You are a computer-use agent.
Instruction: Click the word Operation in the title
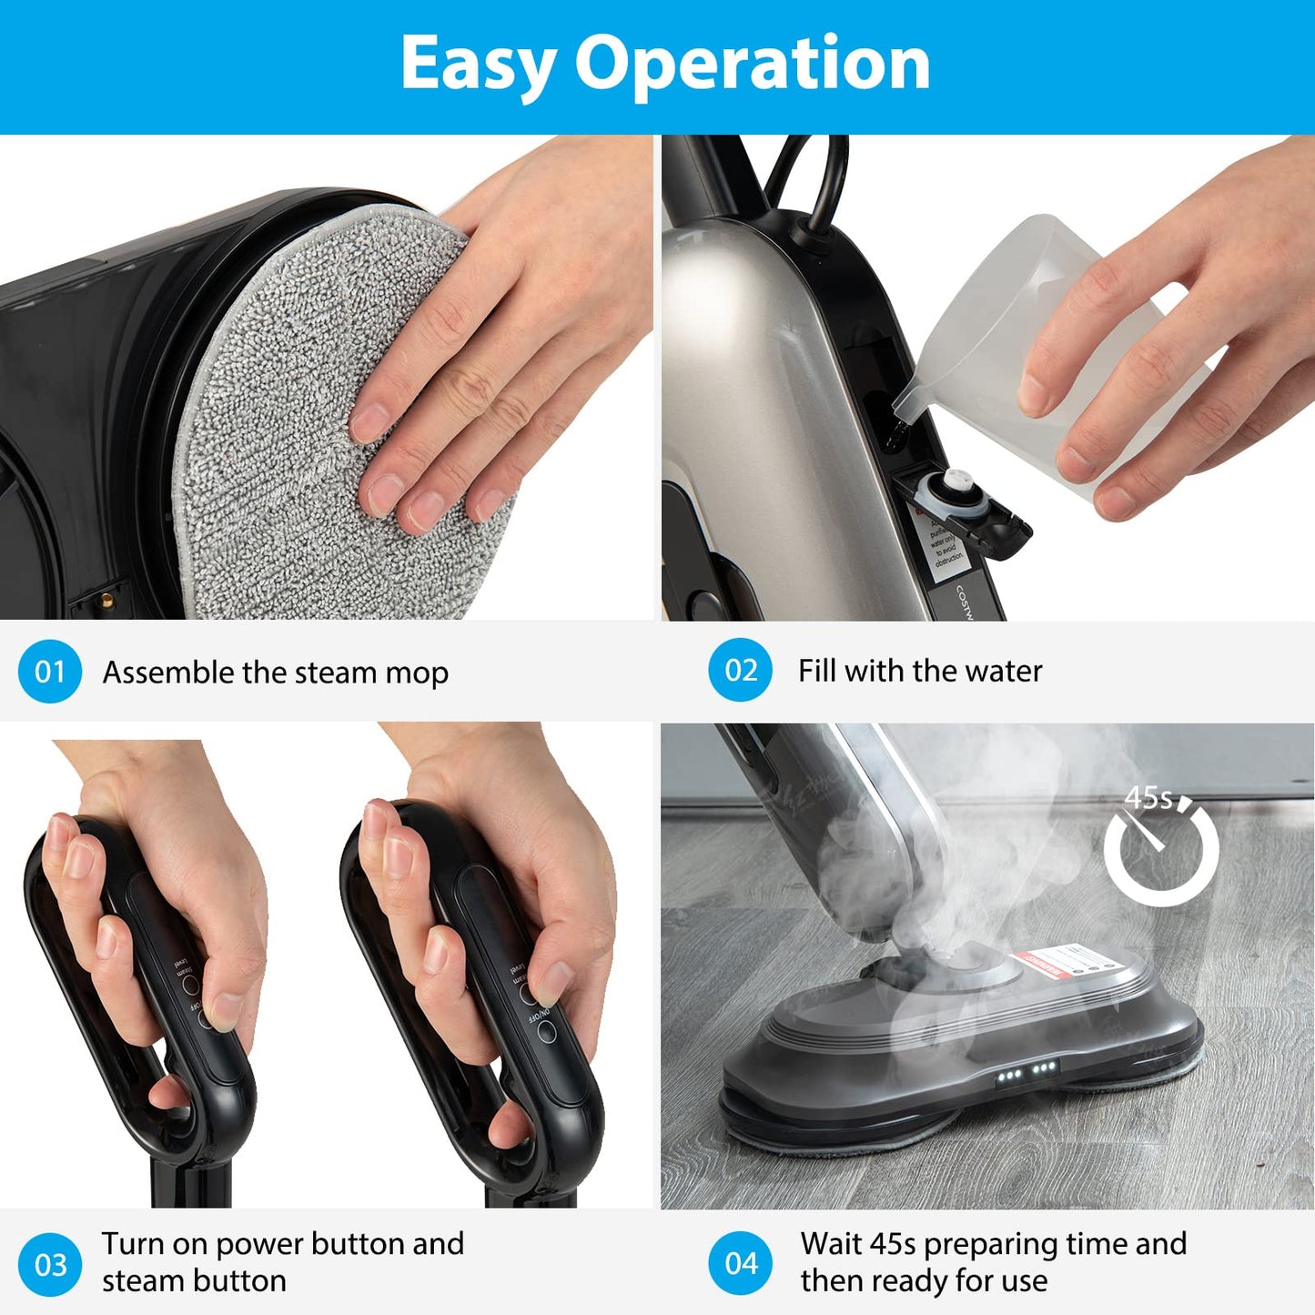(752, 64)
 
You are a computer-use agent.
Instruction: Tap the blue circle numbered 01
(50, 672)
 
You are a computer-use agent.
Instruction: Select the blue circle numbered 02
(741, 670)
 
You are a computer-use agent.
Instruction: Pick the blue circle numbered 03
(50, 1264)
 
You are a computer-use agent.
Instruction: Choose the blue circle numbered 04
(741, 1263)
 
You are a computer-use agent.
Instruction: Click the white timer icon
(1162, 850)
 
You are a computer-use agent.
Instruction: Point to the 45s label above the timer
(1148, 797)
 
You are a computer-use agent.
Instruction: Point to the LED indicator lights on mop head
(1026, 1071)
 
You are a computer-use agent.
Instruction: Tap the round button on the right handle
(546, 1031)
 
